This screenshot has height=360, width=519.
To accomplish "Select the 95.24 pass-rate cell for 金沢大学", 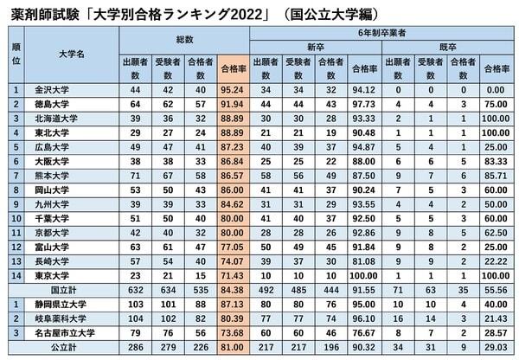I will pyautogui.click(x=234, y=89).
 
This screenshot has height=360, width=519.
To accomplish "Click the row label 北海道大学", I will pyautogui.click(x=57, y=119).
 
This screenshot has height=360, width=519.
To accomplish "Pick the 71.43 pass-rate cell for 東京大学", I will pyautogui.click(x=234, y=274).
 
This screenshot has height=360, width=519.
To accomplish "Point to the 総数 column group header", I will pyautogui.click(x=184, y=41).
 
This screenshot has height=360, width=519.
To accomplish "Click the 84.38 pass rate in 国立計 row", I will pyautogui.click(x=234, y=289).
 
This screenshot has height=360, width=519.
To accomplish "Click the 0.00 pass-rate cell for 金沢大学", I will pyautogui.click(x=497, y=89).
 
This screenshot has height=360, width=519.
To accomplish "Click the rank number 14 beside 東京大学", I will pyautogui.click(x=16, y=274).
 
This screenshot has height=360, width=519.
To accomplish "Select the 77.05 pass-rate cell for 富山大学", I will pyautogui.click(x=234, y=246).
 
